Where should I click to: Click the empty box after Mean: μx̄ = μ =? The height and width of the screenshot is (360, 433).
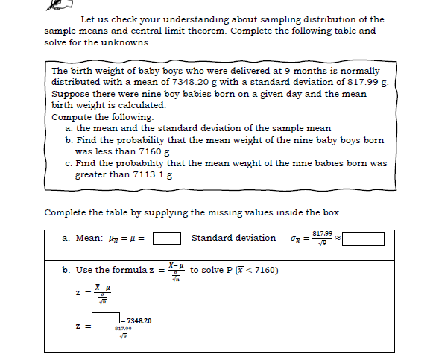pos(168,239)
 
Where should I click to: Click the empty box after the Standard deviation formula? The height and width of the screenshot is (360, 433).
pos(363,239)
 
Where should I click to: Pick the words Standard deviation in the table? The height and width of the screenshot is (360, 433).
pos(233,238)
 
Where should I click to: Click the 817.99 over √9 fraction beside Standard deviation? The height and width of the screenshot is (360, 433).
pos(322,238)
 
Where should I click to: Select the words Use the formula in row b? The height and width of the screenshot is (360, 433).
pos(116,269)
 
